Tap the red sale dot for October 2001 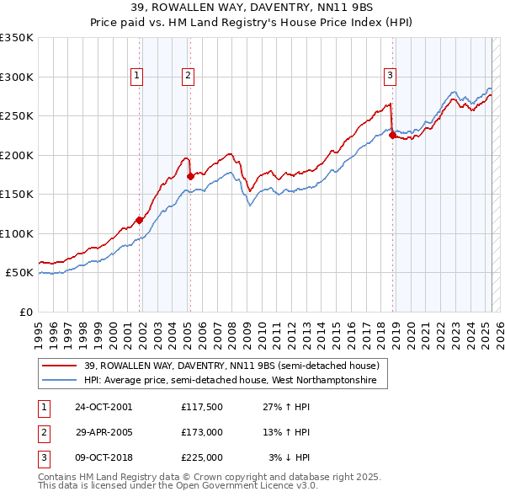pos(140,220)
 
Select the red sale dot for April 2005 pos(190,176)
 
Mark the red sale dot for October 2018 pos(392,136)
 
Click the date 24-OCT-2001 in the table pos(104,407)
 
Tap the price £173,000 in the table pos(202,432)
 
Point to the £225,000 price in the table pos(202,457)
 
